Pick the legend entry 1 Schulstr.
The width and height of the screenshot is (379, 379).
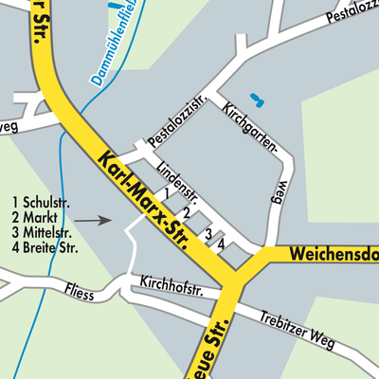(42, 202)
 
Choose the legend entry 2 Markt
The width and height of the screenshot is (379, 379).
(36, 217)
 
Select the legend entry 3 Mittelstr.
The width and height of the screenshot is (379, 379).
(43, 233)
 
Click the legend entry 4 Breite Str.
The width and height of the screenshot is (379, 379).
(45, 248)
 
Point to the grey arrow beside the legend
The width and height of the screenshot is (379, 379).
(94, 220)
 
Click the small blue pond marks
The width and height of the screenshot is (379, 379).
(256, 99)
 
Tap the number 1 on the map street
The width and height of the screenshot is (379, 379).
(168, 193)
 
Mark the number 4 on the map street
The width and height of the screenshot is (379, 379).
(222, 244)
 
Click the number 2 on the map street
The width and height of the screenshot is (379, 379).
(187, 212)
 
